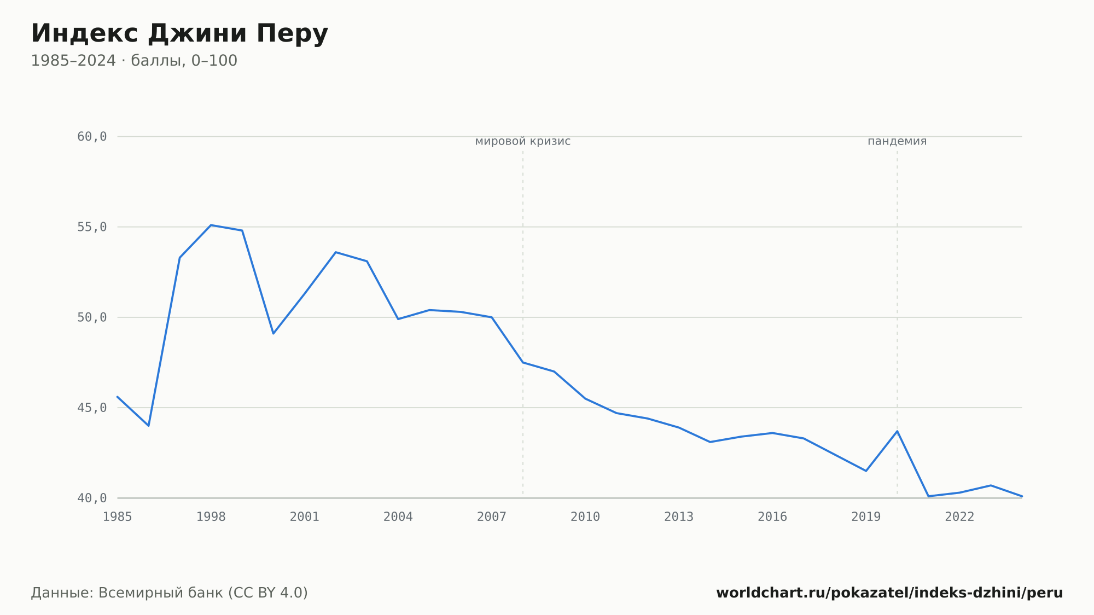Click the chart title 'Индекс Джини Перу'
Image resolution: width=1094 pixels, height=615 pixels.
179,34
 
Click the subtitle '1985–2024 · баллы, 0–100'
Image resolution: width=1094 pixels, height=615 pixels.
134,61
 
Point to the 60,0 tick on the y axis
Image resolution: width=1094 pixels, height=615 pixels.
92,137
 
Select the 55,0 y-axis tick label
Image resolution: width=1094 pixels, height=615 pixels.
92,227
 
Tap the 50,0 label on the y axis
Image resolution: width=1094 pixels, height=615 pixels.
92,317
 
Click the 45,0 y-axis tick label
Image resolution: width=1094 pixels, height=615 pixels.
92,408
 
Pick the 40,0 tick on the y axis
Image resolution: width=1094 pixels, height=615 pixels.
92,498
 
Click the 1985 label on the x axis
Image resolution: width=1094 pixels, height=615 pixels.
118,517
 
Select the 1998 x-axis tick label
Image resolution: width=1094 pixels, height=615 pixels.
211,517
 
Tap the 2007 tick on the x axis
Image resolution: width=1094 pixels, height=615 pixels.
492,517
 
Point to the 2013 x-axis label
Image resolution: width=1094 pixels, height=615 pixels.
679,517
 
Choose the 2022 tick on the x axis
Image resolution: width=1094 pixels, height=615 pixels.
959,517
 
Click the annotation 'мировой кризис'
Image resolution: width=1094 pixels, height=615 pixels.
523,142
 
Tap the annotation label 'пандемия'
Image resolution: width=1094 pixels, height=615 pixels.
897,142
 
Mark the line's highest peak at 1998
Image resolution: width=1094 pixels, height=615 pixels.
211,225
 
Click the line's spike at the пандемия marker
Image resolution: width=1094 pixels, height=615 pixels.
897,431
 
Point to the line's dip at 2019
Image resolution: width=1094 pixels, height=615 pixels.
866,471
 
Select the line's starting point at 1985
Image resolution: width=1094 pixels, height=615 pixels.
118,397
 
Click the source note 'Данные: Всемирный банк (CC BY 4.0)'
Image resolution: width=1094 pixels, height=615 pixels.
170,593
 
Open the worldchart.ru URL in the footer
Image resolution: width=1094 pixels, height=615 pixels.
889,593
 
